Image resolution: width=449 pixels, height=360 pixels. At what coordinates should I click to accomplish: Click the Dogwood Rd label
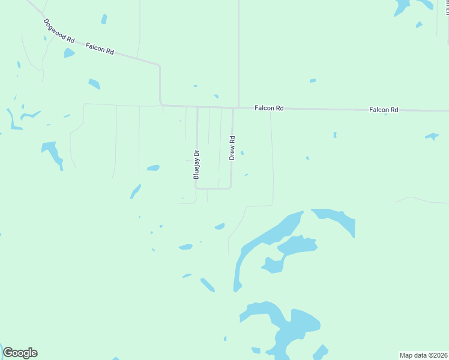(x=59, y=31)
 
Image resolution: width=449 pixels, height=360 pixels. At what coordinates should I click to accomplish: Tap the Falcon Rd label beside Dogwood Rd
(x=100, y=49)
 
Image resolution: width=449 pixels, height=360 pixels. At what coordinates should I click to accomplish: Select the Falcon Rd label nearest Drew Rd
(x=268, y=108)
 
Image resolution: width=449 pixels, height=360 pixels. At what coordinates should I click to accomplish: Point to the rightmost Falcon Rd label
(x=384, y=110)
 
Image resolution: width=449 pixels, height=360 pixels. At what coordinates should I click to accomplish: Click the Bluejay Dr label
(x=196, y=164)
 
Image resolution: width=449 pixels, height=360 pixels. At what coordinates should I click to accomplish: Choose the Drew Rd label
(x=232, y=147)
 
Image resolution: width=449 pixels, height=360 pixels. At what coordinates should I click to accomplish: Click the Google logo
(x=20, y=353)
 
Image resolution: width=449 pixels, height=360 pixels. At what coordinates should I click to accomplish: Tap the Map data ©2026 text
(x=424, y=355)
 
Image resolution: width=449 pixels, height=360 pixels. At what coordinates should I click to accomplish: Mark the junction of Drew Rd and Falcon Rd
(x=234, y=108)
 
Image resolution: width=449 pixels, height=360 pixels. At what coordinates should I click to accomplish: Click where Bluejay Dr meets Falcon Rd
(x=197, y=107)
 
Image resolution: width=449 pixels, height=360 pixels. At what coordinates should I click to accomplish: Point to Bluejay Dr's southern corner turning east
(x=196, y=188)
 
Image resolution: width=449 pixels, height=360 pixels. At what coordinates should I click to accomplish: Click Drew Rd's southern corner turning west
(x=231, y=188)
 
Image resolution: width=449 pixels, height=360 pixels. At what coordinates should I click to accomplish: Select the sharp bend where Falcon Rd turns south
(x=159, y=65)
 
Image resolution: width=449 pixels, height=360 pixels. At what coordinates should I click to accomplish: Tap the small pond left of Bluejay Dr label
(x=153, y=168)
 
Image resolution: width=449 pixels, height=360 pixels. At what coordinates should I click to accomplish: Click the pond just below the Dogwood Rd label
(x=69, y=53)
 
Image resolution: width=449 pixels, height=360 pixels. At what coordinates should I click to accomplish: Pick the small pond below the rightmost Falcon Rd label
(x=432, y=136)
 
